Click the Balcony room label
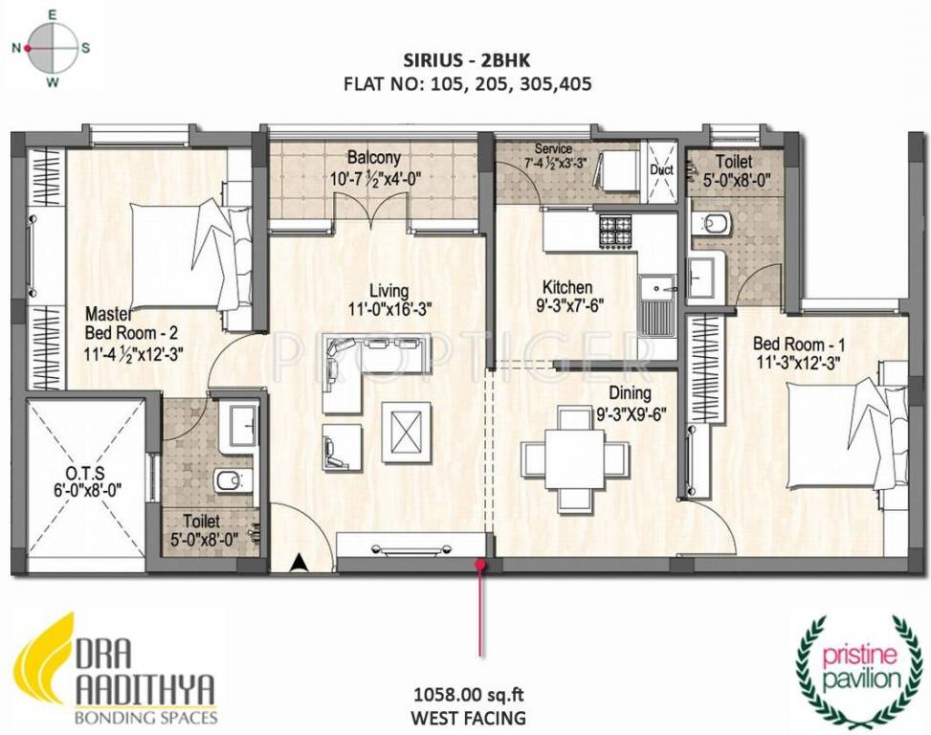tap(373, 158)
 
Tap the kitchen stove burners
tap(614, 231)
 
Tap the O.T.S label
tap(85, 473)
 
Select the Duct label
tap(661, 169)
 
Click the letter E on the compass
tap(52, 16)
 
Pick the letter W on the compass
tap(53, 82)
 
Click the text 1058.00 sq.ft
tap(469, 694)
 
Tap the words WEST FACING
tap(469, 718)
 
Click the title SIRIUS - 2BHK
tap(467, 60)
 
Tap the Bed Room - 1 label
tap(799, 345)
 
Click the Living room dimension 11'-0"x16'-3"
tap(389, 309)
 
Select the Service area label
tap(553, 149)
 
